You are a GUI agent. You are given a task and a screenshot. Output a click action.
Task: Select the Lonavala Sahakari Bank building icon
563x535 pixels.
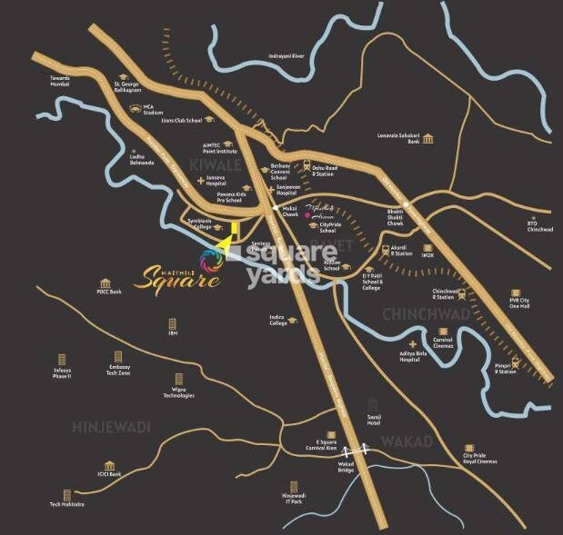click(x=427, y=139)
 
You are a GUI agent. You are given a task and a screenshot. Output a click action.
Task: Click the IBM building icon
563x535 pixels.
click(x=172, y=323)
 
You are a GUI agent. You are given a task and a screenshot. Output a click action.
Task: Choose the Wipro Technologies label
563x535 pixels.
click(x=179, y=391)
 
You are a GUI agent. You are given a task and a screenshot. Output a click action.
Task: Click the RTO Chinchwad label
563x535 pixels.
click(x=540, y=227)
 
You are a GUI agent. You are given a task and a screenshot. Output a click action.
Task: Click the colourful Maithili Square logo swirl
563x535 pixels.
click(x=218, y=254)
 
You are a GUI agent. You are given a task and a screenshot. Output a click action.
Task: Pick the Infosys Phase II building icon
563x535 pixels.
click(x=63, y=361)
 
